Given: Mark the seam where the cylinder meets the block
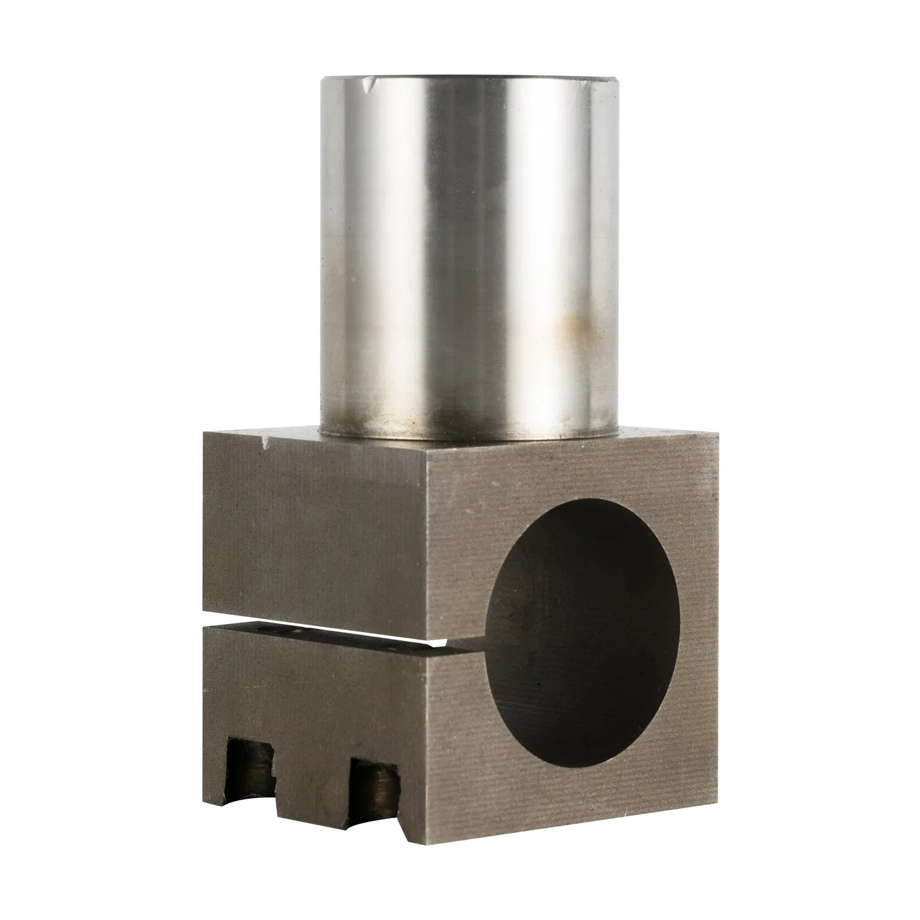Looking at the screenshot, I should [x=466, y=437].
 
